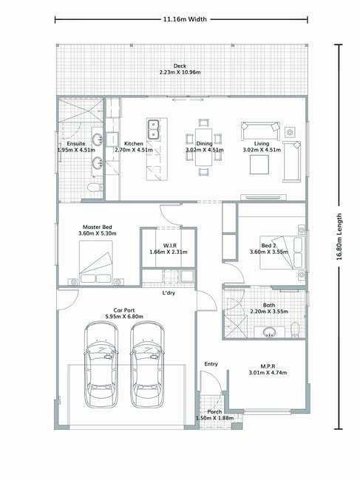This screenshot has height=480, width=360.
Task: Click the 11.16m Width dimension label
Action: [185, 19]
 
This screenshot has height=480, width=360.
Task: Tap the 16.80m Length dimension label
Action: [339, 236]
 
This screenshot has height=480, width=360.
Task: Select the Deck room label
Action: [180, 66]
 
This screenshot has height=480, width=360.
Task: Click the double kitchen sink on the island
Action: [153, 129]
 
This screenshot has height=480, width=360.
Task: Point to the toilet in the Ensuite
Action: [95, 187]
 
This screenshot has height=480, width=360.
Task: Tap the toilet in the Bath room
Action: [295, 329]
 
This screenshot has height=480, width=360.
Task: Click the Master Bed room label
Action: [98, 227]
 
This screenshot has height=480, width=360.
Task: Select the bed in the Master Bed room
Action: [95, 262]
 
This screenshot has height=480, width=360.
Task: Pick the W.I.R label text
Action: [170, 246]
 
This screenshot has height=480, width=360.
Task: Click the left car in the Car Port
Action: [101, 365]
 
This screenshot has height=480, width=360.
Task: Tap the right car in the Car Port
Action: [147, 365]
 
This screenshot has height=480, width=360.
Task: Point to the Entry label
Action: [211, 364]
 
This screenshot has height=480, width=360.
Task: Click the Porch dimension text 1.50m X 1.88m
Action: [215, 418]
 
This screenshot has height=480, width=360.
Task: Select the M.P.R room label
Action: [268, 366]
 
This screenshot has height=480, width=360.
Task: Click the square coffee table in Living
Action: [259, 165]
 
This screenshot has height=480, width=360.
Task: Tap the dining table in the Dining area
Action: [204, 147]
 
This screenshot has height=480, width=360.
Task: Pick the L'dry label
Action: [169, 293]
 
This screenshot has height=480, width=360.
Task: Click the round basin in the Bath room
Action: [269, 332]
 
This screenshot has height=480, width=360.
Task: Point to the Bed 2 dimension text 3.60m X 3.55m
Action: [269, 252]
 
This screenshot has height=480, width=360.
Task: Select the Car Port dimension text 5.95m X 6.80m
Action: [124, 317]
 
